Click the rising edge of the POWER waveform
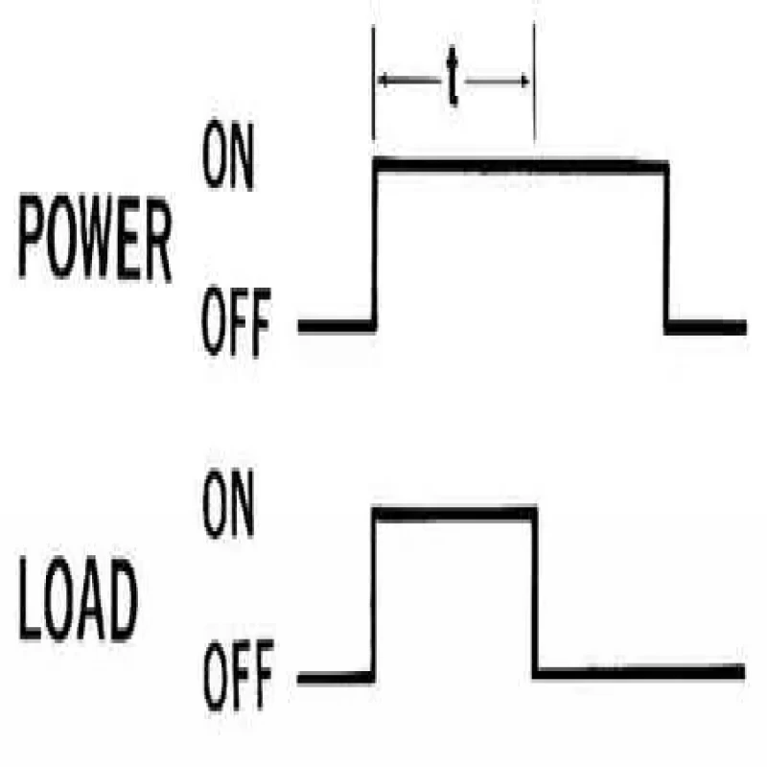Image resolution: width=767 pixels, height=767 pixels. pyautogui.click(x=375, y=244)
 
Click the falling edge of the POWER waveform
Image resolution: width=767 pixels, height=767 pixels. pyautogui.click(x=666, y=244)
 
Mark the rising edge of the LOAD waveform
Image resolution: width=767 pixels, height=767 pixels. pyautogui.click(x=375, y=594)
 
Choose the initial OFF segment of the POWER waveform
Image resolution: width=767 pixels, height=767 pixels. pyautogui.click(x=336, y=326)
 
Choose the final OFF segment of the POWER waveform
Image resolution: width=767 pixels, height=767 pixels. pyautogui.click(x=707, y=328)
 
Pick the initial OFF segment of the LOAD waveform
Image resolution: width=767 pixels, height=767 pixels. pyautogui.click(x=336, y=678)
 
